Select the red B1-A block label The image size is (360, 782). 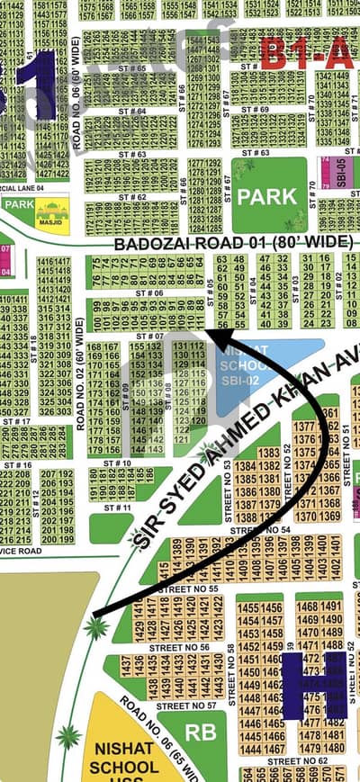[306, 54]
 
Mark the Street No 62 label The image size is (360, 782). [298, 760]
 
